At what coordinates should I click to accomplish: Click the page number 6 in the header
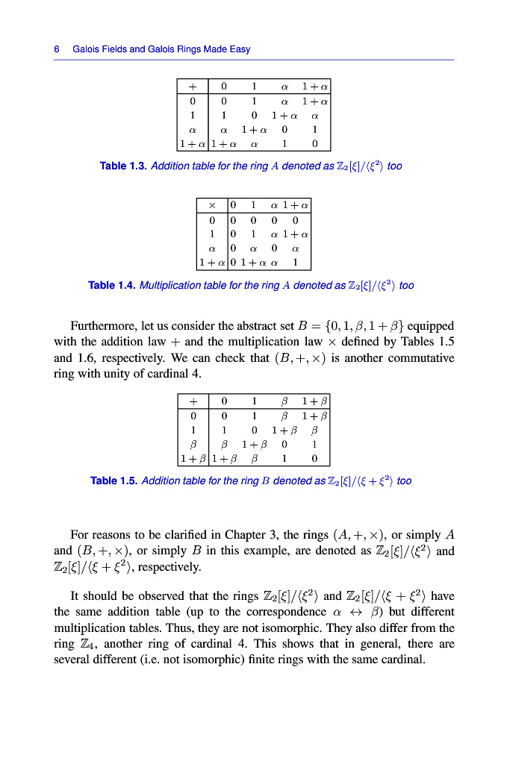(x=57, y=49)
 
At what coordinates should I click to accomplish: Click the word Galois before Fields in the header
(x=87, y=49)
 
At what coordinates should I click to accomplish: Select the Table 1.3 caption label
(x=122, y=166)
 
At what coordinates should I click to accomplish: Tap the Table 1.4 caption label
(x=111, y=286)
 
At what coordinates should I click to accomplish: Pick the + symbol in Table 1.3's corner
(x=193, y=86)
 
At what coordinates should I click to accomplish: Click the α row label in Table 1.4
(x=212, y=248)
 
